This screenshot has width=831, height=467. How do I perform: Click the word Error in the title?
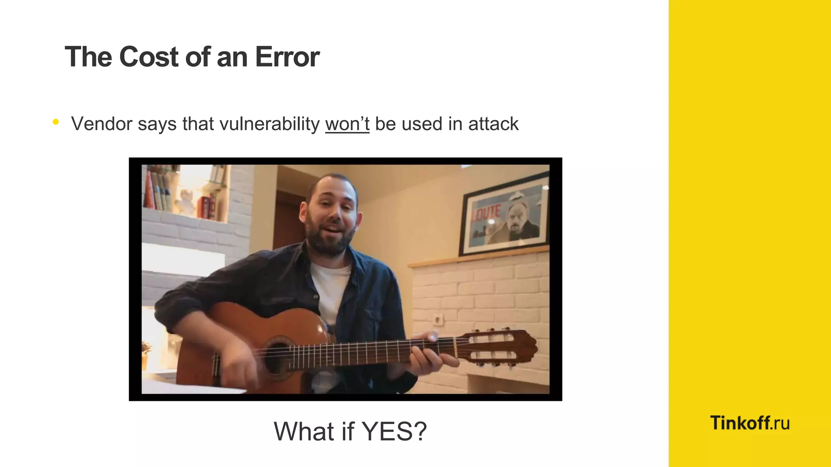[287, 57]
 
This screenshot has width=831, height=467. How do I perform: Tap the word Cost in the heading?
[149, 57]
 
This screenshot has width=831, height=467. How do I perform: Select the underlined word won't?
[347, 124]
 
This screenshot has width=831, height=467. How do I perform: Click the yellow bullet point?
[56, 122]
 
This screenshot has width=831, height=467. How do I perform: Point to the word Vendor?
[101, 124]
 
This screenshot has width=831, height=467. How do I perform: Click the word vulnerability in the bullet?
[269, 124]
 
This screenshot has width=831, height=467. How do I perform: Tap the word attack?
[493, 124]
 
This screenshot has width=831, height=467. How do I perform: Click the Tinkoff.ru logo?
[749, 423]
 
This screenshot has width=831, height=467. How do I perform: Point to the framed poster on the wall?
[504, 214]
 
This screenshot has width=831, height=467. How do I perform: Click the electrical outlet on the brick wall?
[438, 320]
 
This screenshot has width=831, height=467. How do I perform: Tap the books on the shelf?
[158, 191]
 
